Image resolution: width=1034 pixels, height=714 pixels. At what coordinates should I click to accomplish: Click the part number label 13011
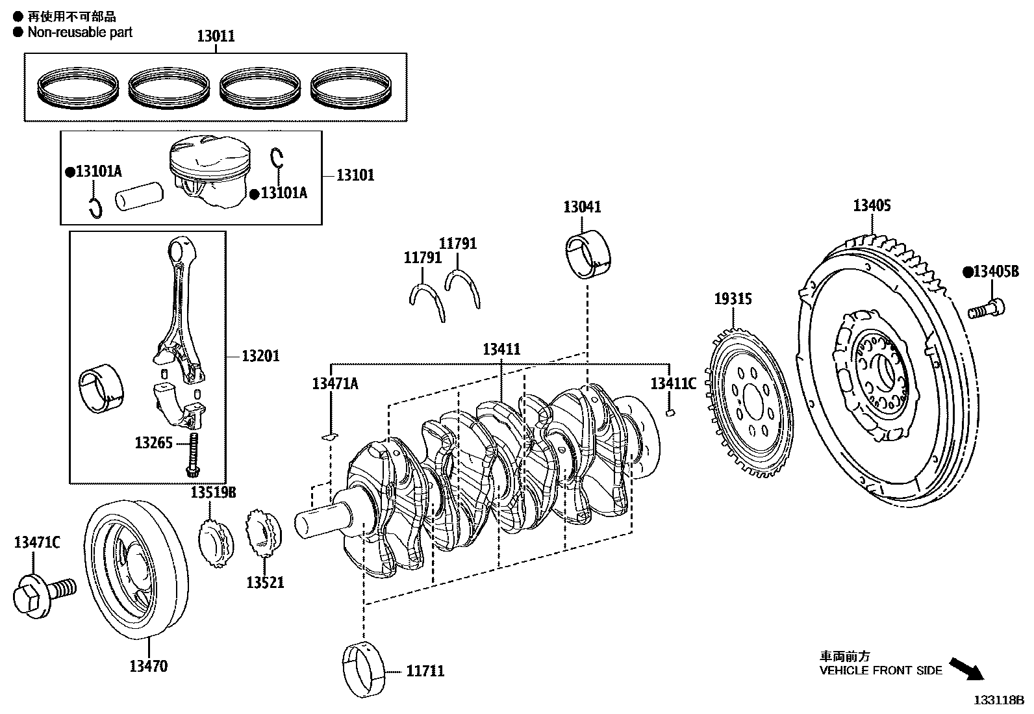[x=216, y=37]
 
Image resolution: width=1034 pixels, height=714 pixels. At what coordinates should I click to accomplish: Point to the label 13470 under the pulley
[x=148, y=666]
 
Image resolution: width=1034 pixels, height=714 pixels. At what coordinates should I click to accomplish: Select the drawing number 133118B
[x=998, y=700]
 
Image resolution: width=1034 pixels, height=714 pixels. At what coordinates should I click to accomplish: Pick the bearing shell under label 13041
[x=588, y=255]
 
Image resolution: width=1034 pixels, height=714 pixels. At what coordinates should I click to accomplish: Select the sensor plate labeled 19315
[x=748, y=403]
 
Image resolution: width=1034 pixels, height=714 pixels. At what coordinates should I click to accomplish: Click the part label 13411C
[x=673, y=383]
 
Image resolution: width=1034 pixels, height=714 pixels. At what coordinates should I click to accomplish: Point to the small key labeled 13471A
[x=331, y=436]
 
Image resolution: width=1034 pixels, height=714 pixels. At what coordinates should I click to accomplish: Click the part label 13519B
[x=213, y=492]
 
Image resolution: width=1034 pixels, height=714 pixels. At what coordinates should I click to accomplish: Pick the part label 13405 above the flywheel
[x=872, y=206]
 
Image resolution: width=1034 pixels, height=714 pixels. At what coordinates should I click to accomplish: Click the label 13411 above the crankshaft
[x=501, y=349]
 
